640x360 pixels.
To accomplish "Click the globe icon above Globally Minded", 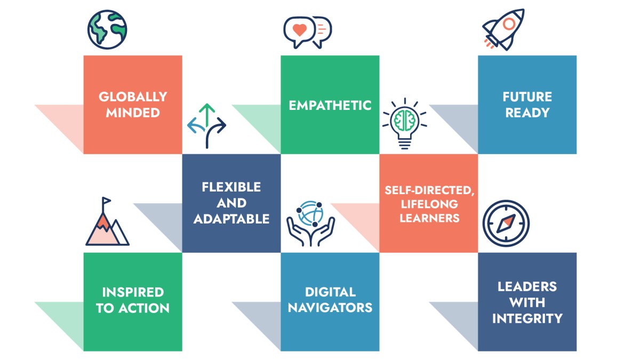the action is [107, 29].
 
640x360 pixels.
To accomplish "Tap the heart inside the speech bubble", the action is [299, 30].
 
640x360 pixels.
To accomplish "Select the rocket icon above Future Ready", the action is [503, 30].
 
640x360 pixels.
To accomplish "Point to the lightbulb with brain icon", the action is [405, 123].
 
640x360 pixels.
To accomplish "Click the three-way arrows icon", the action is [206, 126].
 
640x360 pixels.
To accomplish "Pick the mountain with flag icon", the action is [107, 221].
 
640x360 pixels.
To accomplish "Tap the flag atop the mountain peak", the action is [106, 201].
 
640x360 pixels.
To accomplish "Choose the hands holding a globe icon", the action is [310, 223].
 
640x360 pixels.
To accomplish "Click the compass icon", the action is [506, 223].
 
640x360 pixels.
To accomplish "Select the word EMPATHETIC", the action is [330, 106].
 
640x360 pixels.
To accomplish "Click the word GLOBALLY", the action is [133, 97].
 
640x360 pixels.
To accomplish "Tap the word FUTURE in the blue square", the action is [527, 97].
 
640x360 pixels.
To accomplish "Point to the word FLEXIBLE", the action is [231, 187].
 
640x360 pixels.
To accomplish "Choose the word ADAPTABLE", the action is [231, 219].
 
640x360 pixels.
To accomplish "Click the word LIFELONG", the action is [429, 204].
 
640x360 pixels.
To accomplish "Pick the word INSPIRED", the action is [133, 292].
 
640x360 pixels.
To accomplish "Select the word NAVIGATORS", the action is [330, 308].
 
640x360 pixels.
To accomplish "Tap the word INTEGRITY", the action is [527, 318].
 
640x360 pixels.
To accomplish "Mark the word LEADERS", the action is [527, 286].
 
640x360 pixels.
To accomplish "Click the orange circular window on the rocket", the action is [509, 24].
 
